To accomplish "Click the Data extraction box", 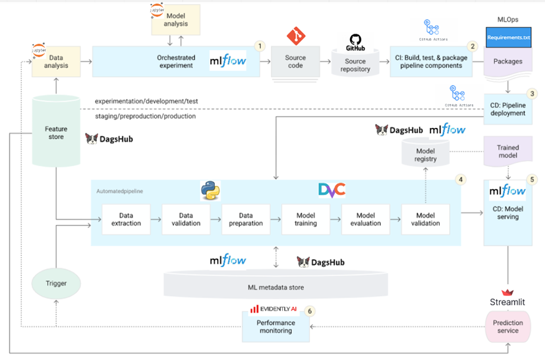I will click(x=126, y=219).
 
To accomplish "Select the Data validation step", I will click(x=186, y=219).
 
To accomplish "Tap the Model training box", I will click(x=306, y=219).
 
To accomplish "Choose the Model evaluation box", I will click(x=366, y=219).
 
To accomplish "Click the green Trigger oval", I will click(x=57, y=284).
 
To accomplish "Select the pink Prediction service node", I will click(x=507, y=326).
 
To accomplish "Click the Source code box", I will click(x=295, y=62).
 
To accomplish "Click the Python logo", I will click(x=210, y=191).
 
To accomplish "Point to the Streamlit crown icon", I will click(x=507, y=292).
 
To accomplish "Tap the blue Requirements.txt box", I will click(x=507, y=38).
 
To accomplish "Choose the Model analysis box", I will click(x=176, y=20).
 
